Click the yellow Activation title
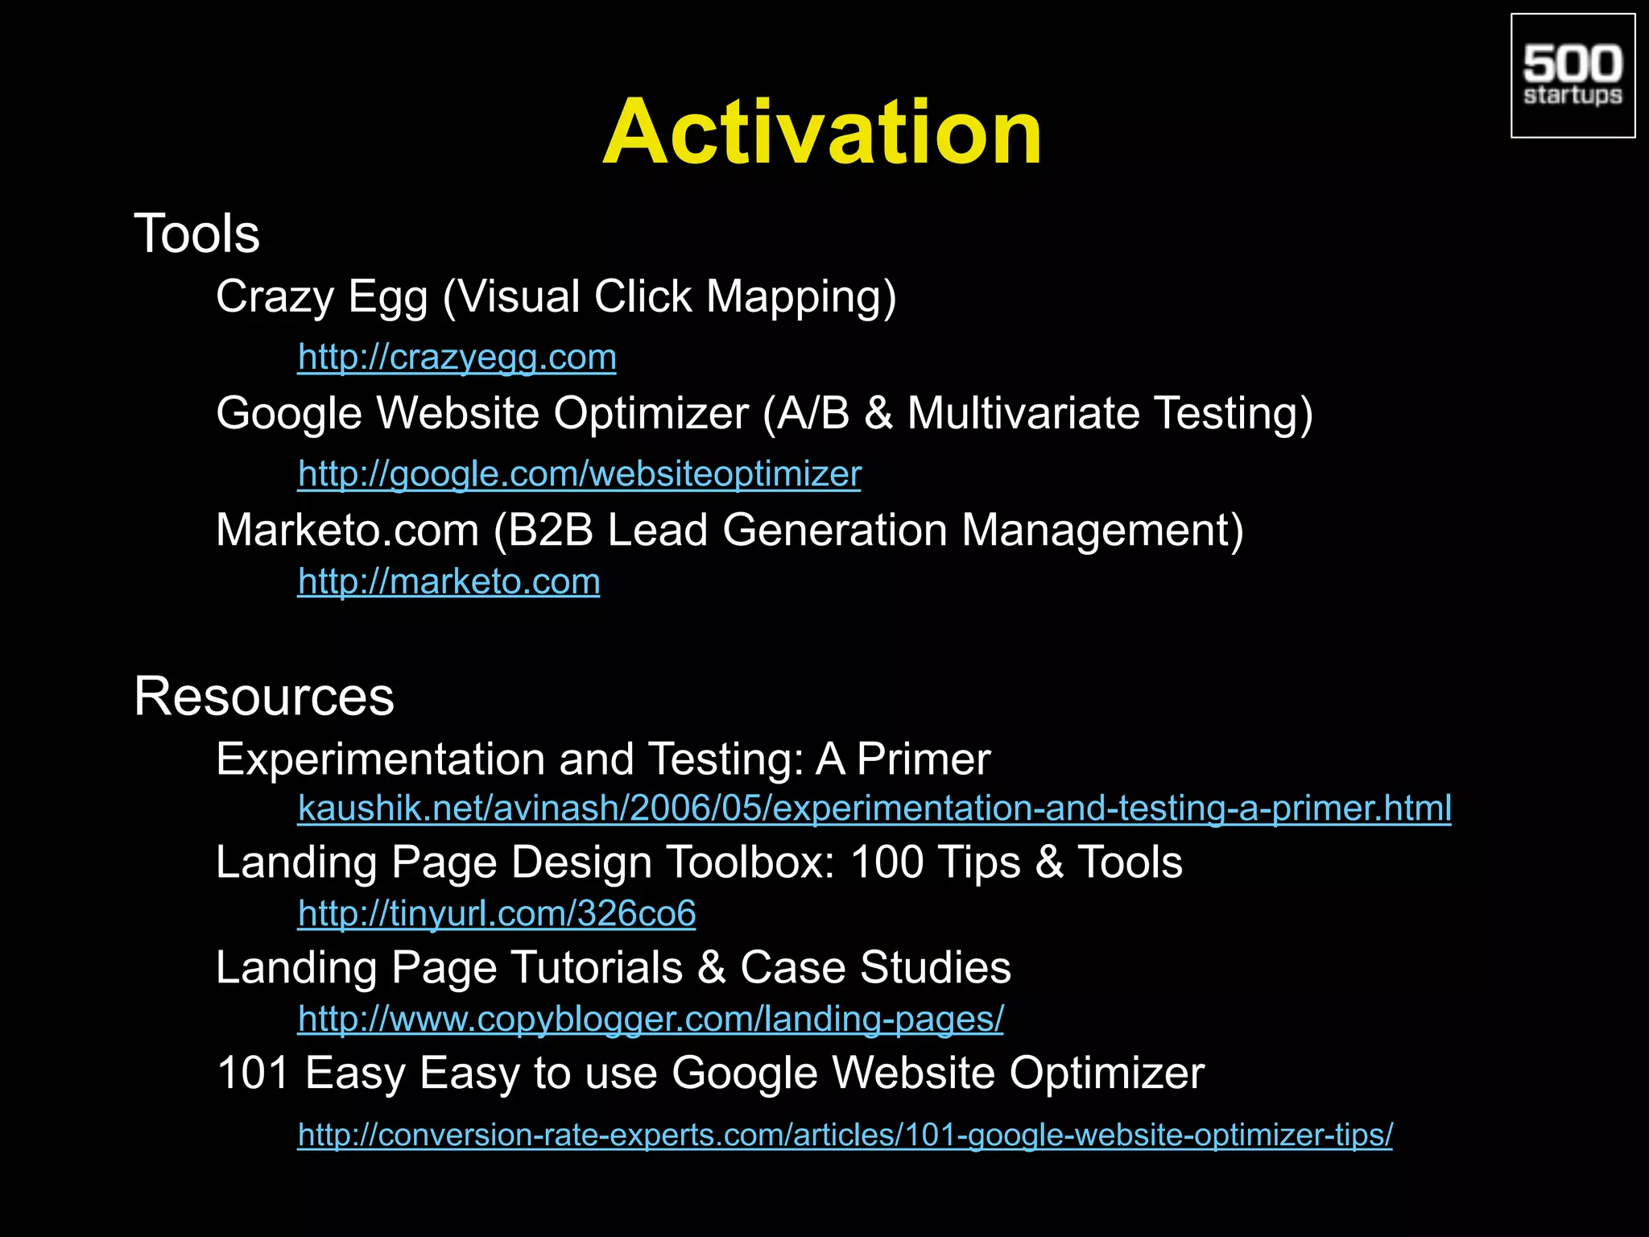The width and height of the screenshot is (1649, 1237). pos(822,132)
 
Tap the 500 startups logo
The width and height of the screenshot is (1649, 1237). pos(1573,76)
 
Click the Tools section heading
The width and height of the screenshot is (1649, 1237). pos(196,234)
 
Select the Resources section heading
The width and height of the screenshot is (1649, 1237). pos(264,696)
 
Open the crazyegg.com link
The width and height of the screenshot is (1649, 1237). pos(457,357)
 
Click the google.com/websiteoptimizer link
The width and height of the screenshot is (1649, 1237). pos(579,474)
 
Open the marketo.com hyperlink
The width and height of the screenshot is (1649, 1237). pos(448,581)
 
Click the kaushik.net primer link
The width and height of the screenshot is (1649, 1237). pos(874,808)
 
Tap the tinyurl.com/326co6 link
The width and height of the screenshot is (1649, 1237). pos(497,913)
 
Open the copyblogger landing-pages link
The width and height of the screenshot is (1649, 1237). pos(651,1019)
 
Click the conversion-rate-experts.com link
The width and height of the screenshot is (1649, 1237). pos(845,1135)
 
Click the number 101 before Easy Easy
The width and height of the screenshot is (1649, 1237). pos(253,1073)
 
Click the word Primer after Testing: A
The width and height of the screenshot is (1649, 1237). pos(924,759)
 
